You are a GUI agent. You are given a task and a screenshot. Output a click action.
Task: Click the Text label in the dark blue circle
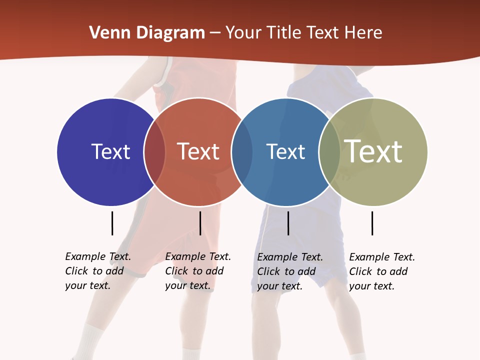click(110, 151)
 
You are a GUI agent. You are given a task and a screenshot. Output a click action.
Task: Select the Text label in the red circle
click(198, 151)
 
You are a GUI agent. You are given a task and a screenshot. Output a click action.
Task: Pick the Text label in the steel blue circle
click(285, 151)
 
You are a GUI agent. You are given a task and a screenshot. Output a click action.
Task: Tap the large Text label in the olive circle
click(373, 151)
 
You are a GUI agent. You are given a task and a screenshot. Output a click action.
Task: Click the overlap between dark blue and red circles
click(154, 152)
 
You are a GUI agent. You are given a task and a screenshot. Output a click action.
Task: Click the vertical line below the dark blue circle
click(112, 223)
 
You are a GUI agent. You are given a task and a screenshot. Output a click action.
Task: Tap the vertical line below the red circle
click(200, 223)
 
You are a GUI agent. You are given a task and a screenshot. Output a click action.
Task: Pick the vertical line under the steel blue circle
click(288, 223)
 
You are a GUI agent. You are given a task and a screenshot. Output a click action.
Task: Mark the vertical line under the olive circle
click(372, 223)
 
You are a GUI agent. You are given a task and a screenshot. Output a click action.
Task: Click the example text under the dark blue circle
click(98, 271)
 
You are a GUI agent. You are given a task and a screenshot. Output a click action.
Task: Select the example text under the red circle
click(198, 271)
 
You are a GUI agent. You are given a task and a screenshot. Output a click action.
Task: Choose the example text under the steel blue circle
click(290, 271)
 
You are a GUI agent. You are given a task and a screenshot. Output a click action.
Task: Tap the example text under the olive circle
click(382, 271)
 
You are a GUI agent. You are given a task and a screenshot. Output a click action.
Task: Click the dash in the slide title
click(215, 33)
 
